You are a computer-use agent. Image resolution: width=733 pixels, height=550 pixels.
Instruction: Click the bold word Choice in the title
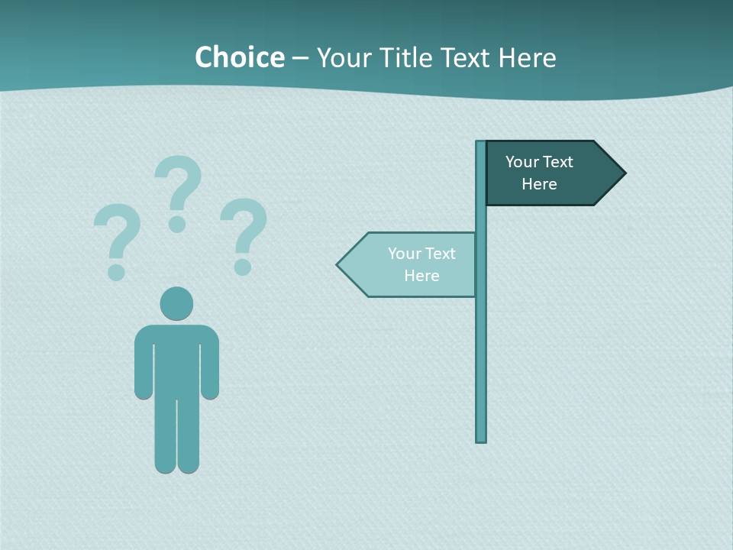pyautogui.click(x=239, y=57)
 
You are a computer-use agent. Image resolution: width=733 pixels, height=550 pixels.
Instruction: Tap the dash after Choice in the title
pyautogui.click(x=300, y=59)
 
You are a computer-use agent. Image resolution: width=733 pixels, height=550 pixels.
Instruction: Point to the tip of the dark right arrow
pyautogui.click(x=624, y=173)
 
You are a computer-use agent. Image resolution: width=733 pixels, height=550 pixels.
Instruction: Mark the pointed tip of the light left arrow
pyautogui.click(x=338, y=265)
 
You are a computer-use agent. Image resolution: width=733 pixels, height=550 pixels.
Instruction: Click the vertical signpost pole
pyautogui.click(x=481, y=344)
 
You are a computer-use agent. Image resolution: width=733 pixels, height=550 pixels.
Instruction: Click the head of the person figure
pyautogui.click(x=176, y=303)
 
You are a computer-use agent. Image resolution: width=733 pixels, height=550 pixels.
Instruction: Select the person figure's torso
pyautogui.click(x=176, y=359)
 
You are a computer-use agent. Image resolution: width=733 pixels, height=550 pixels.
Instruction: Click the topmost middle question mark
pyautogui.click(x=179, y=187)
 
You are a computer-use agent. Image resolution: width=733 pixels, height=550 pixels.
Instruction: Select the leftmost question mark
pyautogui.click(x=118, y=237)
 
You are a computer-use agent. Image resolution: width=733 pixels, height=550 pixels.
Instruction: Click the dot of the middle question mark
pyautogui.click(x=177, y=224)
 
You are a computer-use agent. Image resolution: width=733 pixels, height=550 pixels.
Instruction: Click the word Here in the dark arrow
pyautogui.click(x=539, y=184)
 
